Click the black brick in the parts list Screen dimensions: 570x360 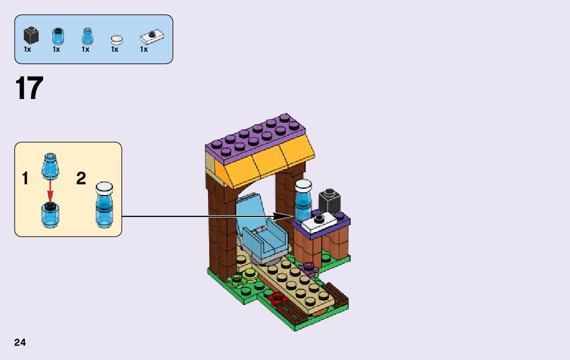coord(31,36)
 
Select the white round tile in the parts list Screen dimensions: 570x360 coord(117,39)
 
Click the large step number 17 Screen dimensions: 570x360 coord(29,89)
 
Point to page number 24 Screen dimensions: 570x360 coord(20,342)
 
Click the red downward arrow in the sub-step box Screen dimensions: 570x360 coord(50,190)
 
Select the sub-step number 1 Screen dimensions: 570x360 coord(25,179)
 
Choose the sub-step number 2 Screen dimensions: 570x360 coord(81,179)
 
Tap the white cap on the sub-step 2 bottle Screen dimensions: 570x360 coord(104,187)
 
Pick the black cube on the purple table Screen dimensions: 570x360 coord(329,200)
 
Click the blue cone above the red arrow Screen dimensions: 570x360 coord(50,165)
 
